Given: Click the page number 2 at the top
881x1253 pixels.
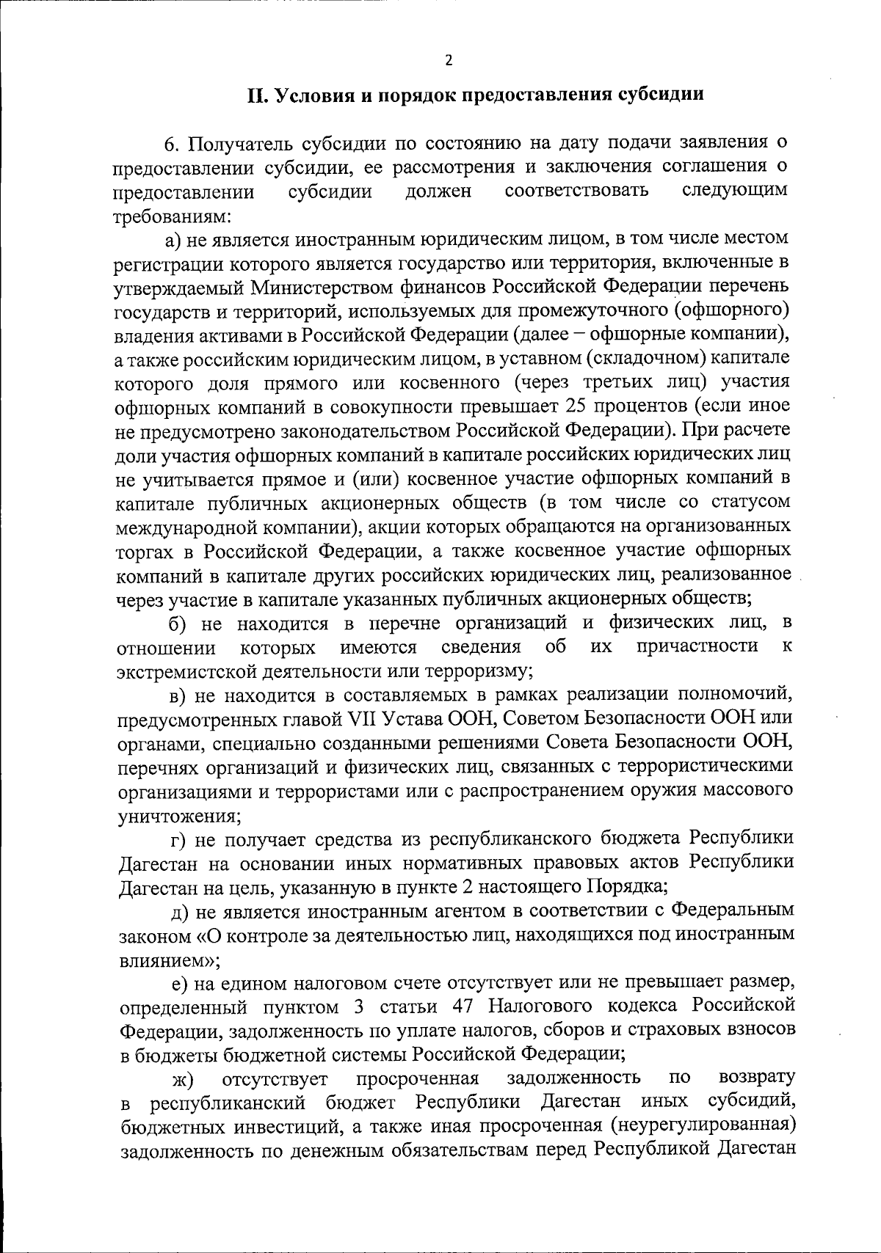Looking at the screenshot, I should tap(449, 60).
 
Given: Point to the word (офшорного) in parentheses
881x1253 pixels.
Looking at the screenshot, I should tap(732, 311).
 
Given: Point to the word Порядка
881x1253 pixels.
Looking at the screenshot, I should tap(625, 887).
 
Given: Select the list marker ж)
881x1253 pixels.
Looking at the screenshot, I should tap(181, 1078).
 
